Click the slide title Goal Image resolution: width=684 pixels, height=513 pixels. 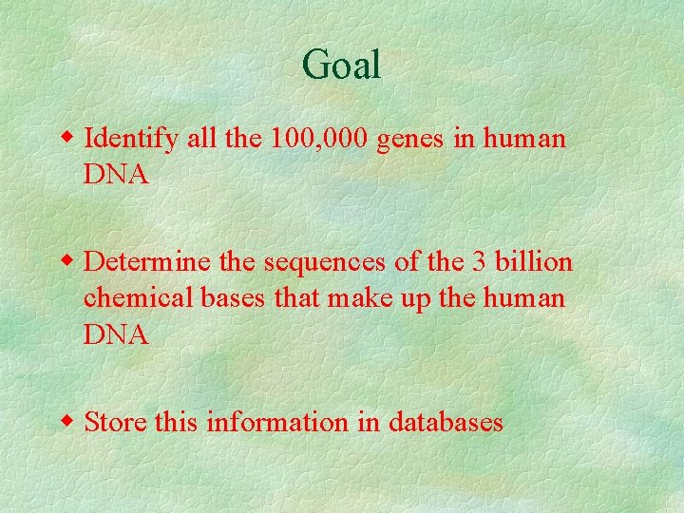click(x=341, y=66)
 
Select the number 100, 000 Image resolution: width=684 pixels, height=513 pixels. click(x=320, y=140)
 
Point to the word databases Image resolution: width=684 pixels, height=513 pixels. click(x=446, y=422)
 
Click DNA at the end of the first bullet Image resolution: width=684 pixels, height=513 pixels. click(x=116, y=176)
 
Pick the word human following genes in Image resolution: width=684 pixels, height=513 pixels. click(x=524, y=140)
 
